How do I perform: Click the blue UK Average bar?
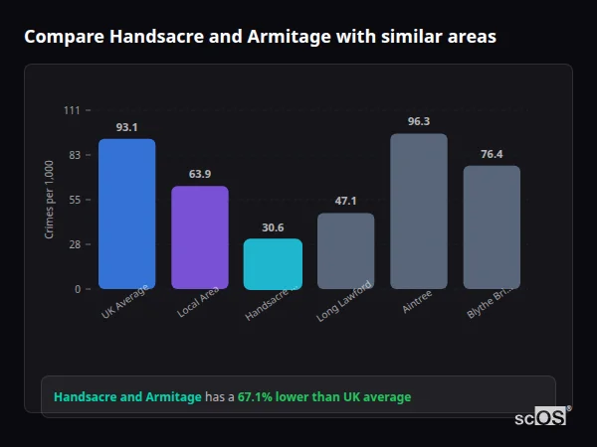[x=126, y=214]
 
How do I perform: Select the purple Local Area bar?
[x=200, y=237]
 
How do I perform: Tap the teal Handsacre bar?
[x=273, y=264]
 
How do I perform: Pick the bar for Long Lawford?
[x=345, y=251]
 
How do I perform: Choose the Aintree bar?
[x=419, y=212]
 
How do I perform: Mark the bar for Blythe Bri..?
[x=492, y=227]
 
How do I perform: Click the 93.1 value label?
[x=126, y=127]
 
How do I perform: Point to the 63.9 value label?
[x=200, y=174]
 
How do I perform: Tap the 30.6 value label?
[x=273, y=227]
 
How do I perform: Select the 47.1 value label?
[x=345, y=201]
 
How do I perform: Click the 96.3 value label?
[x=419, y=121]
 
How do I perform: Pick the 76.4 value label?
[x=492, y=154]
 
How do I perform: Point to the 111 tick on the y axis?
[x=72, y=110]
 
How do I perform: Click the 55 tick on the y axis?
[x=75, y=200]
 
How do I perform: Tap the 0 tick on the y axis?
[x=77, y=289]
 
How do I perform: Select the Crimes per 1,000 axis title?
[x=50, y=200]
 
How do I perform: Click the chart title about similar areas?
[x=261, y=37]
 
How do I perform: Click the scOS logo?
[x=541, y=417]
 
